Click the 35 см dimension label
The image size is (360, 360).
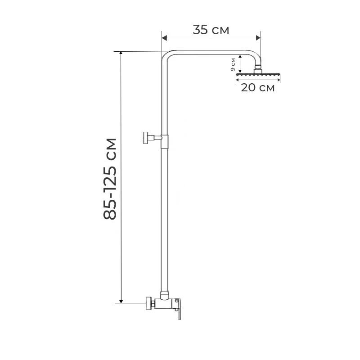point(211,30)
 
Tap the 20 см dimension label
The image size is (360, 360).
point(257,87)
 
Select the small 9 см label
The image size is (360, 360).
point(233,64)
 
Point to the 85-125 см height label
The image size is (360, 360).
point(110,179)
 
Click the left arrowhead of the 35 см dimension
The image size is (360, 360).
point(164,38)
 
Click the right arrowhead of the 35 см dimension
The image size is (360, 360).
point(258,38)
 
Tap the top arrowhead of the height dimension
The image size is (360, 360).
point(121,54)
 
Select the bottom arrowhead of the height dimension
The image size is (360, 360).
point(121,301)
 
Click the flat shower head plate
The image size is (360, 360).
point(258,75)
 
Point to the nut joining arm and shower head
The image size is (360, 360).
point(258,70)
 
